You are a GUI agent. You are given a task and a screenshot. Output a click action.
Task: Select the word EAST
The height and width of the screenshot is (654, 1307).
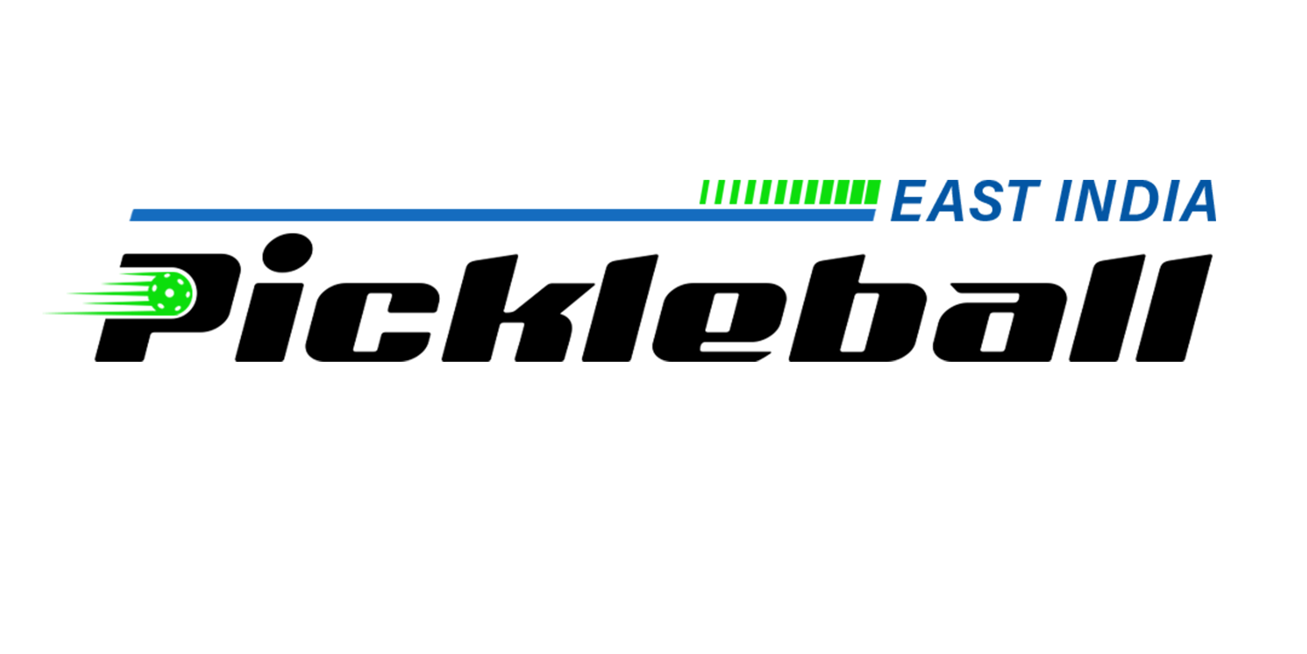coord(966,201)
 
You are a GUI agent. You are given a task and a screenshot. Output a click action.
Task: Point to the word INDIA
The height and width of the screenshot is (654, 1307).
coord(1136,201)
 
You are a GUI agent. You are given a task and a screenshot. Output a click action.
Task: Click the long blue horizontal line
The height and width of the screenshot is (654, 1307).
coord(502,215)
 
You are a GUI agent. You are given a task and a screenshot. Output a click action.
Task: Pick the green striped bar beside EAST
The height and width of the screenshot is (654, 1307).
coord(790,192)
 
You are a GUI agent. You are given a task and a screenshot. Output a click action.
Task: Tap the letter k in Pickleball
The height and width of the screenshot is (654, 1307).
coord(517,308)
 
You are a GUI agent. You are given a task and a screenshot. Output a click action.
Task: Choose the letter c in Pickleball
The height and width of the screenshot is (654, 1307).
coord(372,322)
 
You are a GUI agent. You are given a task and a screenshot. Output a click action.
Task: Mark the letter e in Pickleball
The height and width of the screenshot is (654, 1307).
coord(720,322)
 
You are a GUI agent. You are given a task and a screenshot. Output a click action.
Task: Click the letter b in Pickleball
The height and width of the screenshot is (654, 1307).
coord(857,308)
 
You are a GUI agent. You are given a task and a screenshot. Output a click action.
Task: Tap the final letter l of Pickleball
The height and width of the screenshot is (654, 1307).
coord(1174,308)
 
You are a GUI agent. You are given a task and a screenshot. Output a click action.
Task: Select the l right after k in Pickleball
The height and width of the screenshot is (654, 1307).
coord(620,308)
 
